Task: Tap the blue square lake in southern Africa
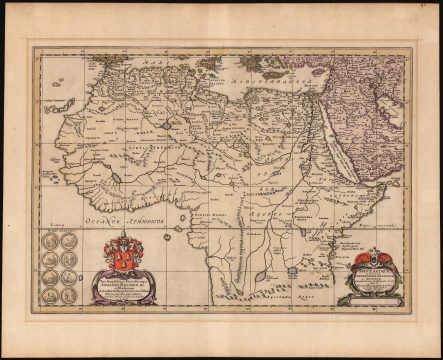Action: (x=290, y=272)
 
